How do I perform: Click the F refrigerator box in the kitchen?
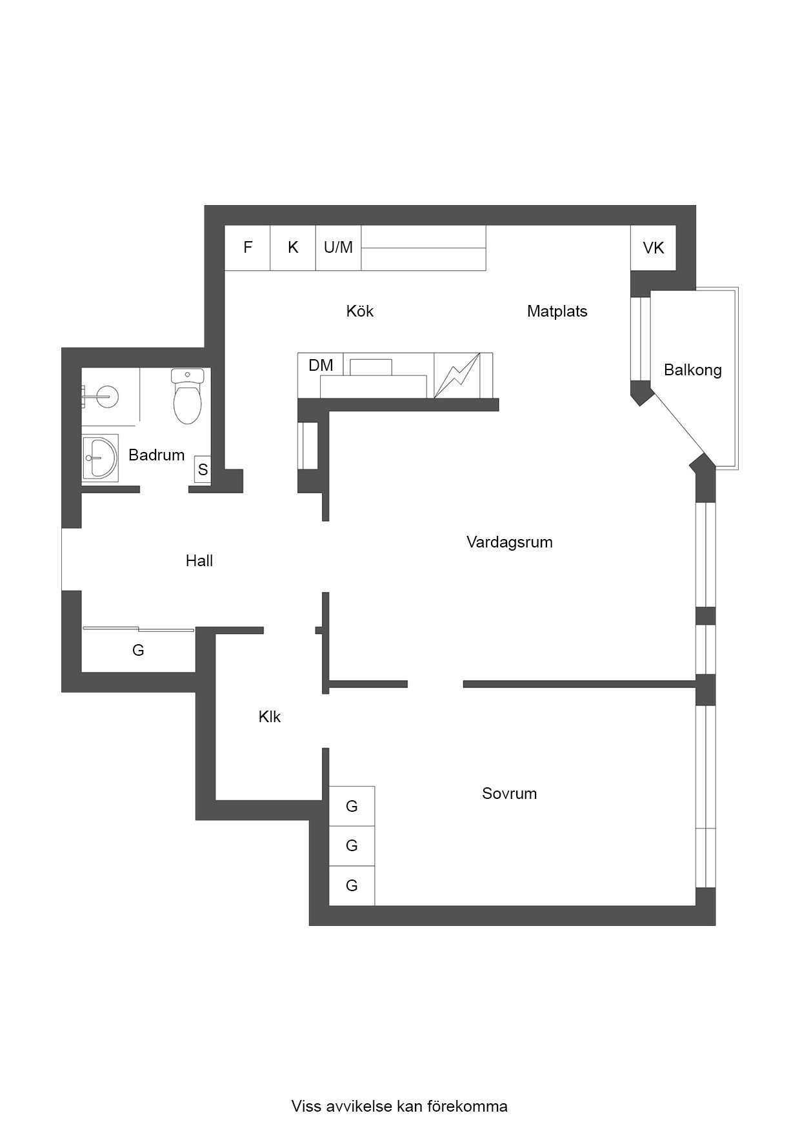[x=247, y=248]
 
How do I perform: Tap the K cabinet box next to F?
[x=293, y=248]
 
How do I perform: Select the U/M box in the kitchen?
[x=338, y=248]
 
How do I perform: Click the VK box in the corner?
[x=654, y=248]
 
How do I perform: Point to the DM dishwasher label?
[x=321, y=366]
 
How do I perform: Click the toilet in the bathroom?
[x=188, y=396]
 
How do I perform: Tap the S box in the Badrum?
[x=203, y=470]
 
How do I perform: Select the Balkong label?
[x=692, y=370]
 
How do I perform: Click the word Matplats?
[x=557, y=311]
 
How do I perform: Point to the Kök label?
[x=360, y=311]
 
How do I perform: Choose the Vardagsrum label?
[x=510, y=542]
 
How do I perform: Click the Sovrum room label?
[x=510, y=794]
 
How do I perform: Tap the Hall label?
[x=199, y=561]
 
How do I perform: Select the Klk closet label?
[x=270, y=717]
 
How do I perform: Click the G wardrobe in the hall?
[x=138, y=650]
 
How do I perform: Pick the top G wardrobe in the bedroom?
[x=352, y=806]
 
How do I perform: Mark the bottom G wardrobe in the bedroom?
[x=352, y=886]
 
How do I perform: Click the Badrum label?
[x=157, y=455]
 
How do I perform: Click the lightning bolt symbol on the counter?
[x=457, y=375]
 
